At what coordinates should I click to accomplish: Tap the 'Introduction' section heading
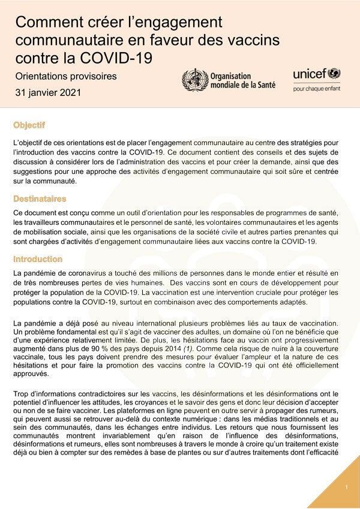click(38, 260)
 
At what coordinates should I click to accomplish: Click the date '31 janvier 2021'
click(49, 93)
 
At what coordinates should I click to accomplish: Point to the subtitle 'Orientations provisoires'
click(66, 77)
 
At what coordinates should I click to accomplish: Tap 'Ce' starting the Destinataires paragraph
click(18, 214)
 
